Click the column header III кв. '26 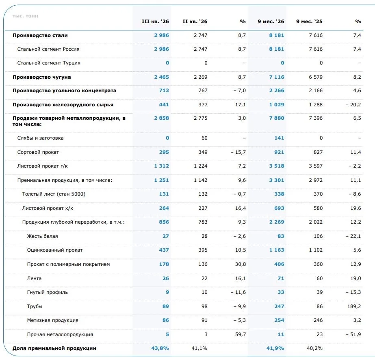[155, 22]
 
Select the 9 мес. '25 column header [309, 22]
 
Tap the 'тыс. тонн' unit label [25, 16]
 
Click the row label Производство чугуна [41, 77]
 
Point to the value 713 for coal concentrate [164, 91]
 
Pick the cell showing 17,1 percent [241, 105]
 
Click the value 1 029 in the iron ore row [277, 105]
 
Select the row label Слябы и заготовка [40, 138]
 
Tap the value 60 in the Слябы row [204, 138]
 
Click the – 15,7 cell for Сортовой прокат [238, 152]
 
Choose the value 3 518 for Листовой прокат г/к [277, 166]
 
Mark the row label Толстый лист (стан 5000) [54, 194]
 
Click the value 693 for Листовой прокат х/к [279, 208]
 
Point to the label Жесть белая [42, 236]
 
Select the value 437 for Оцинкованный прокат [164, 250]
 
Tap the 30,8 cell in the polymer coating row [241, 264]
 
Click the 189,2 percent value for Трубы [354, 306]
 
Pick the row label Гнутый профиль [48, 292]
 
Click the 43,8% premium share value [160, 348]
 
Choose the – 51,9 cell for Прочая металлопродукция [353, 334]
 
